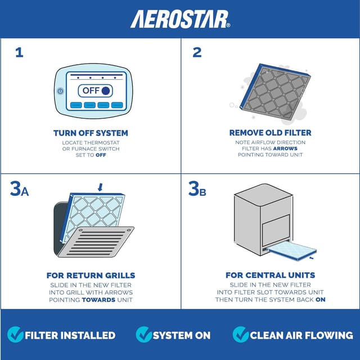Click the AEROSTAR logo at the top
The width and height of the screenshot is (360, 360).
tap(180, 19)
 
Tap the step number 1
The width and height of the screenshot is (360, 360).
tap(20, 53)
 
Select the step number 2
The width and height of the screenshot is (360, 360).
tap(197, 53)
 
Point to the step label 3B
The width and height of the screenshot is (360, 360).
tap(197, 190)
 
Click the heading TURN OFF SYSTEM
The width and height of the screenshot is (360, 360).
tap(91, 133)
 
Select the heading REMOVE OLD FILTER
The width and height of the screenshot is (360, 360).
tap(270, 133)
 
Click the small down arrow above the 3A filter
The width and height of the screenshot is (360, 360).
tap(100, 186)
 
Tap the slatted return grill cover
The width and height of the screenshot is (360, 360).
tap(96, 242)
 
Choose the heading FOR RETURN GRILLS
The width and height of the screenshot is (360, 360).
tap(91, 276)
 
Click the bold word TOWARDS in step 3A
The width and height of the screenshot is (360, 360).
tap(98, 300)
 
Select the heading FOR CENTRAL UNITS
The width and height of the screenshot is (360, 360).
tap(270, 276)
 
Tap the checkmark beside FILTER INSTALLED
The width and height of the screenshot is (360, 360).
tap(16, 335)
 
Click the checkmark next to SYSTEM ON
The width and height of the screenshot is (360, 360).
tap(143, 335)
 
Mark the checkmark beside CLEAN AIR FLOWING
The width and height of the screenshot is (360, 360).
tap(240, 335)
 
